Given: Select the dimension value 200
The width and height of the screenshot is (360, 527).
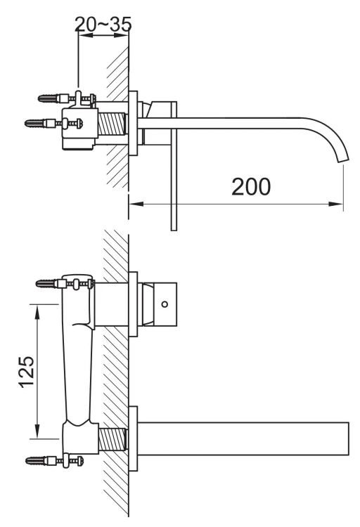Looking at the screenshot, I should pyautogui.click(x=251, y=187).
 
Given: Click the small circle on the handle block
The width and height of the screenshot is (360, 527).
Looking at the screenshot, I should pyautogui.click(x=165, y=304).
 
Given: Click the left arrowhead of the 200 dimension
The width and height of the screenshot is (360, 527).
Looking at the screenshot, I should pyautogui.click(x=134, y=204).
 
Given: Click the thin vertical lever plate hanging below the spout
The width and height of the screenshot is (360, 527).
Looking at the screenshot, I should pyautogui.click(x=174, y=190).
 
